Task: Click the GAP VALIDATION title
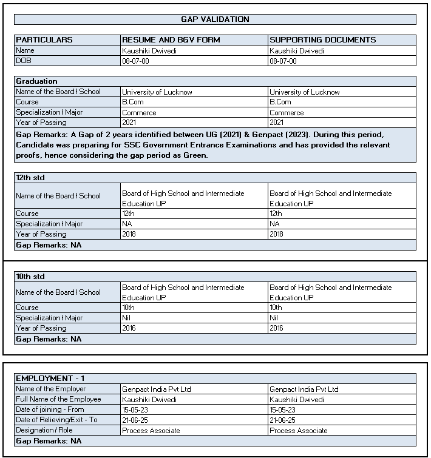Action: click(215, 19)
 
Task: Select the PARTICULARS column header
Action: click(44, 40)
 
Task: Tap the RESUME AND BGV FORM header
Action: click(171, 40)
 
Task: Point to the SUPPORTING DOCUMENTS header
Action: click(323, 40)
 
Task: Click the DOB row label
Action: click(23, 61)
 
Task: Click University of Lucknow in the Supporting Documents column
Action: click(305, 92)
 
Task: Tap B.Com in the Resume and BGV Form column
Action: click(133, 103)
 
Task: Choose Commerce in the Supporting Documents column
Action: click(287, 113)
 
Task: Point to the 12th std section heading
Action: click(30, 178)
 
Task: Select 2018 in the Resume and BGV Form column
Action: click(129, 234)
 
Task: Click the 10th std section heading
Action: click(30, 277)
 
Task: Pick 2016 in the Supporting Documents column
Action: click(277, 328)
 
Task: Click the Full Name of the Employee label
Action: click(58, 399)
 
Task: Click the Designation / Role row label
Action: click(44, 430)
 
